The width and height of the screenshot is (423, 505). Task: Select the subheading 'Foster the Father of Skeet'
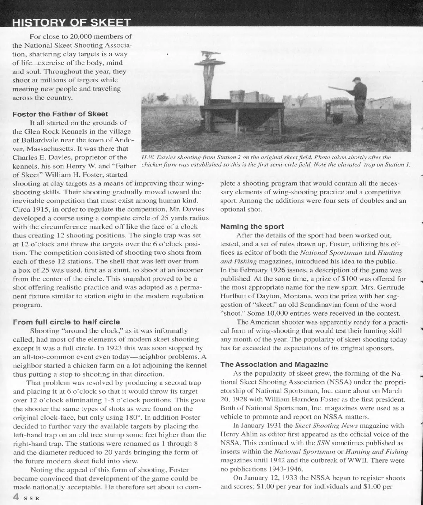[x=60, y=114]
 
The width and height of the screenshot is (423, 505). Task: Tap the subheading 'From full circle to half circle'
[x=66, y=322]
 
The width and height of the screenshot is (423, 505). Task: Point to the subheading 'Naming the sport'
[x=252, y=226]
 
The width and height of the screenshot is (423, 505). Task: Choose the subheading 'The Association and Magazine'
[x=274, y=364]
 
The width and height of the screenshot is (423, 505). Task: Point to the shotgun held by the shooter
[x=337, y=89]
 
